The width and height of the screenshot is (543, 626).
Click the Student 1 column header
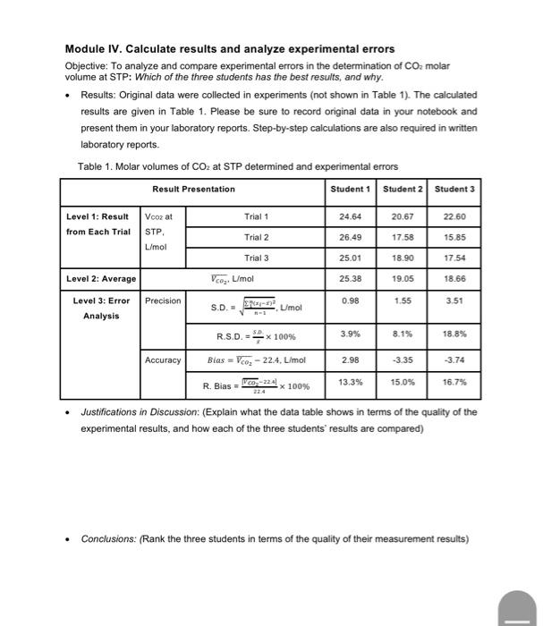click(350, 189)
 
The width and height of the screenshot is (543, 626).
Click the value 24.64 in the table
click(350, 216)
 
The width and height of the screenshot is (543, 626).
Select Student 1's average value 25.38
click(350, 278)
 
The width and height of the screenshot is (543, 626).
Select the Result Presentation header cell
click(193, 189)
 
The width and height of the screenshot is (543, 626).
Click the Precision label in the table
click(162, 300)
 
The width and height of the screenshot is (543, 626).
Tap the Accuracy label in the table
click(162, 360)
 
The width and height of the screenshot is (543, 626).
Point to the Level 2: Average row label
click(100, 279)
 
